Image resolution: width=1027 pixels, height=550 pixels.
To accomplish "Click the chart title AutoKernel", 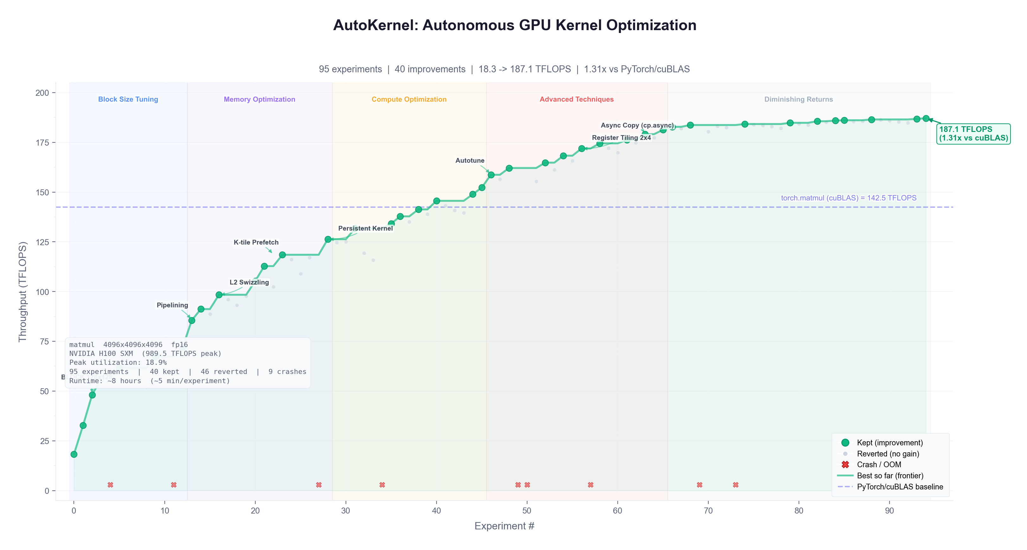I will tap(514, 25).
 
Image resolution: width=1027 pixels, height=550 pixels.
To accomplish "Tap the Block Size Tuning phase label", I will tap(128, 99).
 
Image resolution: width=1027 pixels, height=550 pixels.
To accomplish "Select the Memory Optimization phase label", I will tap(259, 99).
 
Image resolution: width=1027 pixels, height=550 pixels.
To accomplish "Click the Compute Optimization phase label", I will tap(409, 99).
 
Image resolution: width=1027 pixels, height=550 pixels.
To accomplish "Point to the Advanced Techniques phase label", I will tap(576, 99).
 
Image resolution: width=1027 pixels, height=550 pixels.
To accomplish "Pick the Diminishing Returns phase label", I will tap(798, 99).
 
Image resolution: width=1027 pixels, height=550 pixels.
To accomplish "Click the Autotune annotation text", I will tap(470, 160).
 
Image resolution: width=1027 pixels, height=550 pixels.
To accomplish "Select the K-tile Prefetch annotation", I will tap(256, 242).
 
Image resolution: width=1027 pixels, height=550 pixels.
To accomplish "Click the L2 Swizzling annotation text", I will tap(249, 282).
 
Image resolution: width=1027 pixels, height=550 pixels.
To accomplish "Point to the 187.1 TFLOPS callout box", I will tap(973, 134).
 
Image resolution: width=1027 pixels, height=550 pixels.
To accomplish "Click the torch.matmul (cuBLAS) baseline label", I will tap(848, 198).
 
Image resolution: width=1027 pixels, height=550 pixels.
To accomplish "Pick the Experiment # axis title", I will tap(504, 526).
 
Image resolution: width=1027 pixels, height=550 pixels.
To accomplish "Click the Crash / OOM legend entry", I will tap(879, 465).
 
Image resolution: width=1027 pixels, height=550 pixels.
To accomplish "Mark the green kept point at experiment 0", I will tap(74, 454).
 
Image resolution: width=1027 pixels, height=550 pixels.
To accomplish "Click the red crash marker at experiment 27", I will tap(319, 485).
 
